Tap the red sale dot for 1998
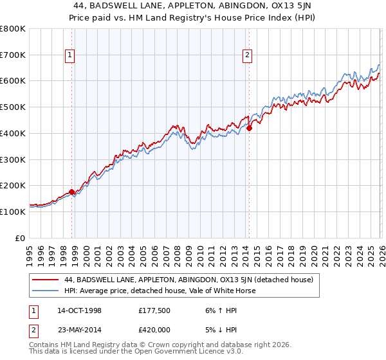(x=71, y=191)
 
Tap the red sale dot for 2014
(x=249, y=128)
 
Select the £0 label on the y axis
(x=20, y=237)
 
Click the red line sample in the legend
(x=45, y=280)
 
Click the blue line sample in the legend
(x=45, y=291)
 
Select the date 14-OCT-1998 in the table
(x=79, y=310)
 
